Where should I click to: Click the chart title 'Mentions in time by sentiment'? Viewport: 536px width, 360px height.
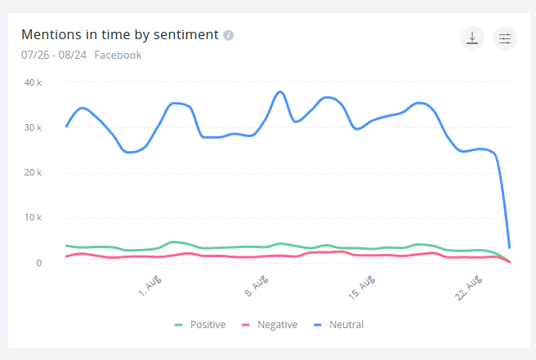(119, 35)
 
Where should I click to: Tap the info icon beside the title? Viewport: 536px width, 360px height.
(229, 35)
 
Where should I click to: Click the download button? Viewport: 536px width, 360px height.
(472, 38)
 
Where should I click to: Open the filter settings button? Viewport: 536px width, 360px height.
(505, 38)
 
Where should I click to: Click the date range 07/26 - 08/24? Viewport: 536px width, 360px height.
(54, 56)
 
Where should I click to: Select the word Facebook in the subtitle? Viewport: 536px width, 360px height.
(118, 56)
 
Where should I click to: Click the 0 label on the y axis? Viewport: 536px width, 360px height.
(38, 263)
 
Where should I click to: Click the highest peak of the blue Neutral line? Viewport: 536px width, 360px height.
(280, 91)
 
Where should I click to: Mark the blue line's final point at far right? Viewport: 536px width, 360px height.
(510, 247)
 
